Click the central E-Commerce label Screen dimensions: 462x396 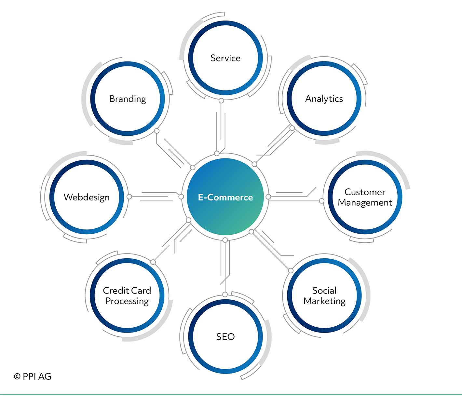[225, 198]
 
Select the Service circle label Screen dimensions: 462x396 [225, 58]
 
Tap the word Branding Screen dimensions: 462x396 [128, 99]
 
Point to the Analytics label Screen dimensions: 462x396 [324, 99]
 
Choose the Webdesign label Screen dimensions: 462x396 [87, 198]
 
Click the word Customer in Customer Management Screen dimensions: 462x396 [365, 192]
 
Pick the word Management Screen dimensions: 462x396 [365, 203]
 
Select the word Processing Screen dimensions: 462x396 [127, 301]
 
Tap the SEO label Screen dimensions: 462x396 [225, 337]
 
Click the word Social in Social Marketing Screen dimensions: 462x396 [324, 291]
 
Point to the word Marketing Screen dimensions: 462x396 [324, 301]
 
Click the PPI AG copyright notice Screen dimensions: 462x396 [33, 376]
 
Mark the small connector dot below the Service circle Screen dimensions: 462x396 [221, 101]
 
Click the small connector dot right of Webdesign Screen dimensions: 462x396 [129, 197]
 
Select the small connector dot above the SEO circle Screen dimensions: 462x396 [225, 294]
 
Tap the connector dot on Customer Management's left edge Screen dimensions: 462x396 [321, 201]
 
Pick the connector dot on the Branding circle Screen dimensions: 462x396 [157, 131]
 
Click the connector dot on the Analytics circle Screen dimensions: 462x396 [292, 128]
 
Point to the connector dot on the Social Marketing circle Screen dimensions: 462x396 [291, 271]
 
